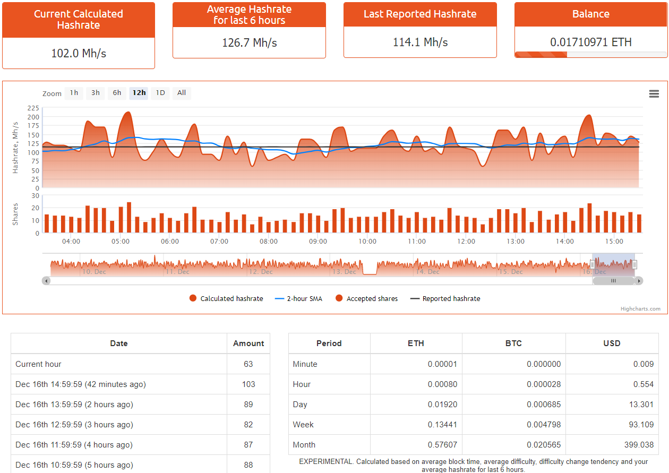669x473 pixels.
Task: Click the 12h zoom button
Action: coord(139,93)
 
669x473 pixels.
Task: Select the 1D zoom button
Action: coord(160,93)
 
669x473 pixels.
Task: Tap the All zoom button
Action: coord(182,93)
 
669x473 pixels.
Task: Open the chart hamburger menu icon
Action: coord(654,94)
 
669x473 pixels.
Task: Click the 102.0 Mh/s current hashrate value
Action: coord(79,54)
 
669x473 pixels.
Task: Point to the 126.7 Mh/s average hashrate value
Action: coord(249,42)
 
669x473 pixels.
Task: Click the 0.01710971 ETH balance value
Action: coord(591,42)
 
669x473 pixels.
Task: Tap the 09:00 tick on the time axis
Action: coord(318,241)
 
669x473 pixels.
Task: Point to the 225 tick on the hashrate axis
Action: coord(33,108)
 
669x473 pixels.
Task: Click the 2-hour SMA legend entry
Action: coord(298,298)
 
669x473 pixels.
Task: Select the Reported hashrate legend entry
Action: coord(445,298)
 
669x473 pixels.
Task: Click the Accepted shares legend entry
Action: coord(367,298)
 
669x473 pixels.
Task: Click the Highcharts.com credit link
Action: coord(640,309)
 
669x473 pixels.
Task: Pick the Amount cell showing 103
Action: coord(248,384)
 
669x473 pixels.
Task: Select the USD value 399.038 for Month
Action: coord(639,445)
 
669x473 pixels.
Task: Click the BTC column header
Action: coord(513,343)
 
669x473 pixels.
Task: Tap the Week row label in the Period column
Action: coord(303,424)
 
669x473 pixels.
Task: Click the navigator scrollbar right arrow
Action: coord(639,281)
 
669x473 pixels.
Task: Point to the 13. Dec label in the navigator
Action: coord(344,272)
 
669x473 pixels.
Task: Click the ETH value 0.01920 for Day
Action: coord(442,405)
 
